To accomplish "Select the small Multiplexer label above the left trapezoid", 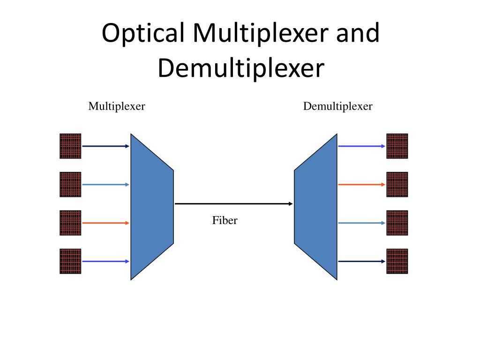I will tap(117, 106).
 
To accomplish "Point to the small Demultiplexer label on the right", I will tap(337, 106).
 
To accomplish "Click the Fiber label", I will tap(225, 220).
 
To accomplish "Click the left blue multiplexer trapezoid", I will tap(151, 206).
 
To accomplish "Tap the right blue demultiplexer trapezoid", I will tap(316, 206).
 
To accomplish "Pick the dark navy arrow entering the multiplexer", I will tap(105, 146).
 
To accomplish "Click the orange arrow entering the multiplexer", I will tap(105, 223).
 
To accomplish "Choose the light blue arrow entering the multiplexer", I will tap(105, 185).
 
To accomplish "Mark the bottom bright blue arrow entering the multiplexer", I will tap(105, 261).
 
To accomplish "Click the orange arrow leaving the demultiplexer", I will tap(361, 185).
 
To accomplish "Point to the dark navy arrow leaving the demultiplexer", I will tap(361, 261).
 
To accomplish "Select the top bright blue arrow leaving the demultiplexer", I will tap(361, 146).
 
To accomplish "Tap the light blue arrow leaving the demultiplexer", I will tap(361, 223).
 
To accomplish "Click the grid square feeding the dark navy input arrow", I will tap(70, 146).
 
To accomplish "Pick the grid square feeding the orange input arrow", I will tap(70, 223).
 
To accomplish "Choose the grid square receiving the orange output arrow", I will tap(397, 184).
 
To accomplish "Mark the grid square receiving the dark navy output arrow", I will tap(397, 261).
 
